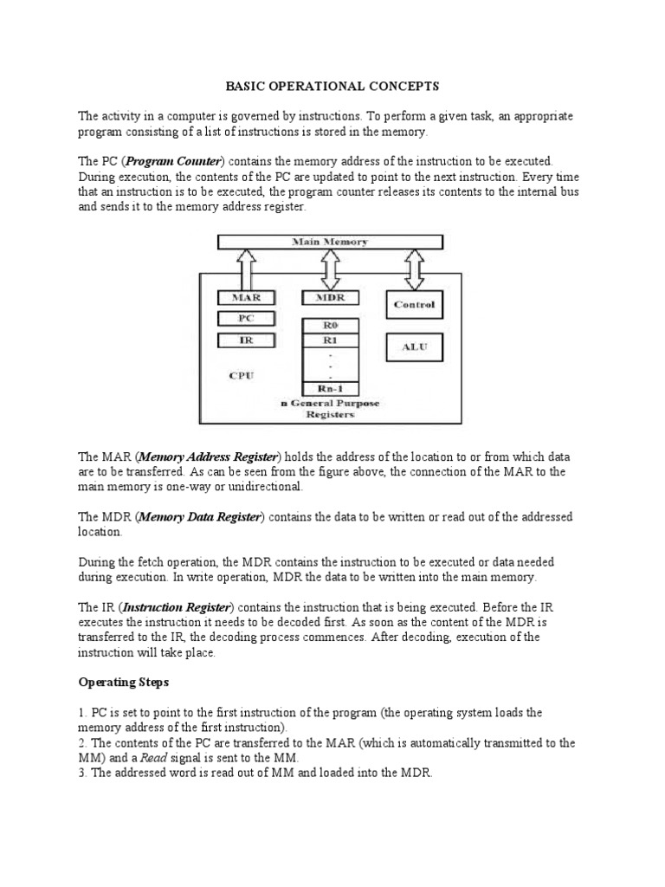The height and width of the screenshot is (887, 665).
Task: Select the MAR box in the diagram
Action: (247, 297)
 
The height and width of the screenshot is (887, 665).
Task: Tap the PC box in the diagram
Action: (247, 318)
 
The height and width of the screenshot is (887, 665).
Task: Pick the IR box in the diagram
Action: (247, 340)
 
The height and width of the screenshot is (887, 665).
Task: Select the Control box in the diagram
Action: (414, 304)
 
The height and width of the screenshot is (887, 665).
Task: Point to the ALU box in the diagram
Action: (414, 347)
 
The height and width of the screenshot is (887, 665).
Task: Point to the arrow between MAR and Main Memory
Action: (247, 269)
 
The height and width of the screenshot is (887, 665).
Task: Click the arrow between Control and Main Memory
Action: (414, 269)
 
